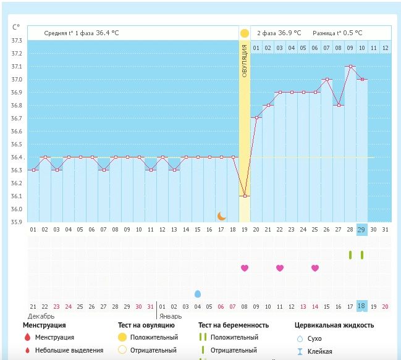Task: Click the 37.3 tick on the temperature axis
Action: coord(17,41)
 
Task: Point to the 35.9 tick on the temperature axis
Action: coord(17,222)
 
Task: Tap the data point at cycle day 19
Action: coord(245,196)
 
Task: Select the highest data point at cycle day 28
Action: coord(350,67)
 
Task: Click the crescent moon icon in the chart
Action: coord(222,216)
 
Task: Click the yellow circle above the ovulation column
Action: coord(245,33)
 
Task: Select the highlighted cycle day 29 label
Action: coord(362,229)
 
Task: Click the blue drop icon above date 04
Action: coord(198,294)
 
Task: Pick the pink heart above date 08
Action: coord(245,268)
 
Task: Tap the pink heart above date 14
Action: coord(315,268)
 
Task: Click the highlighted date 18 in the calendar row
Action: coord(362,306)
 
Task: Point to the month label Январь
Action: coord(171,316)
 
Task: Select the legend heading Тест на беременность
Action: coord(234,325)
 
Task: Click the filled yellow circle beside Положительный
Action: coord(122,337)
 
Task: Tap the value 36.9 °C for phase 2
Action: coord(289,33)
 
